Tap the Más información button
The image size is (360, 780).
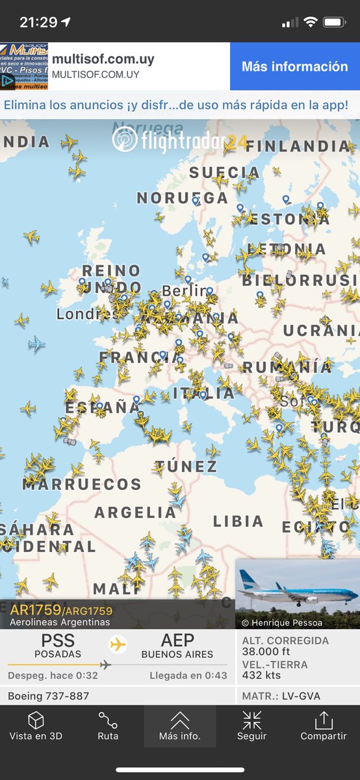click(294, 66)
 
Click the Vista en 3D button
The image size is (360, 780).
click(36, 727)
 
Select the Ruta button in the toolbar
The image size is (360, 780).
click(108, 727)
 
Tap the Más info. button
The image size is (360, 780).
click(180, 727)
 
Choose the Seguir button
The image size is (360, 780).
click(251, 727)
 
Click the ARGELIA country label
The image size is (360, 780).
click(136, 512)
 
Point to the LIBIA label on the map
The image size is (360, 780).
click(238, 521)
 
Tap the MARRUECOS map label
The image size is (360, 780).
click(82, 484)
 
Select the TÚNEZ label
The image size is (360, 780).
click(186, 466)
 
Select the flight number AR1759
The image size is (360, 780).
click(36, 610)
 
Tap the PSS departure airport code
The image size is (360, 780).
click(58, 640)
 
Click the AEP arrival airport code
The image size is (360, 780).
click(177, 640)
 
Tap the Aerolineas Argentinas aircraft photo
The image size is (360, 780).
click(298, 593)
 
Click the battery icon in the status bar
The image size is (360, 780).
click(334, 22)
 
